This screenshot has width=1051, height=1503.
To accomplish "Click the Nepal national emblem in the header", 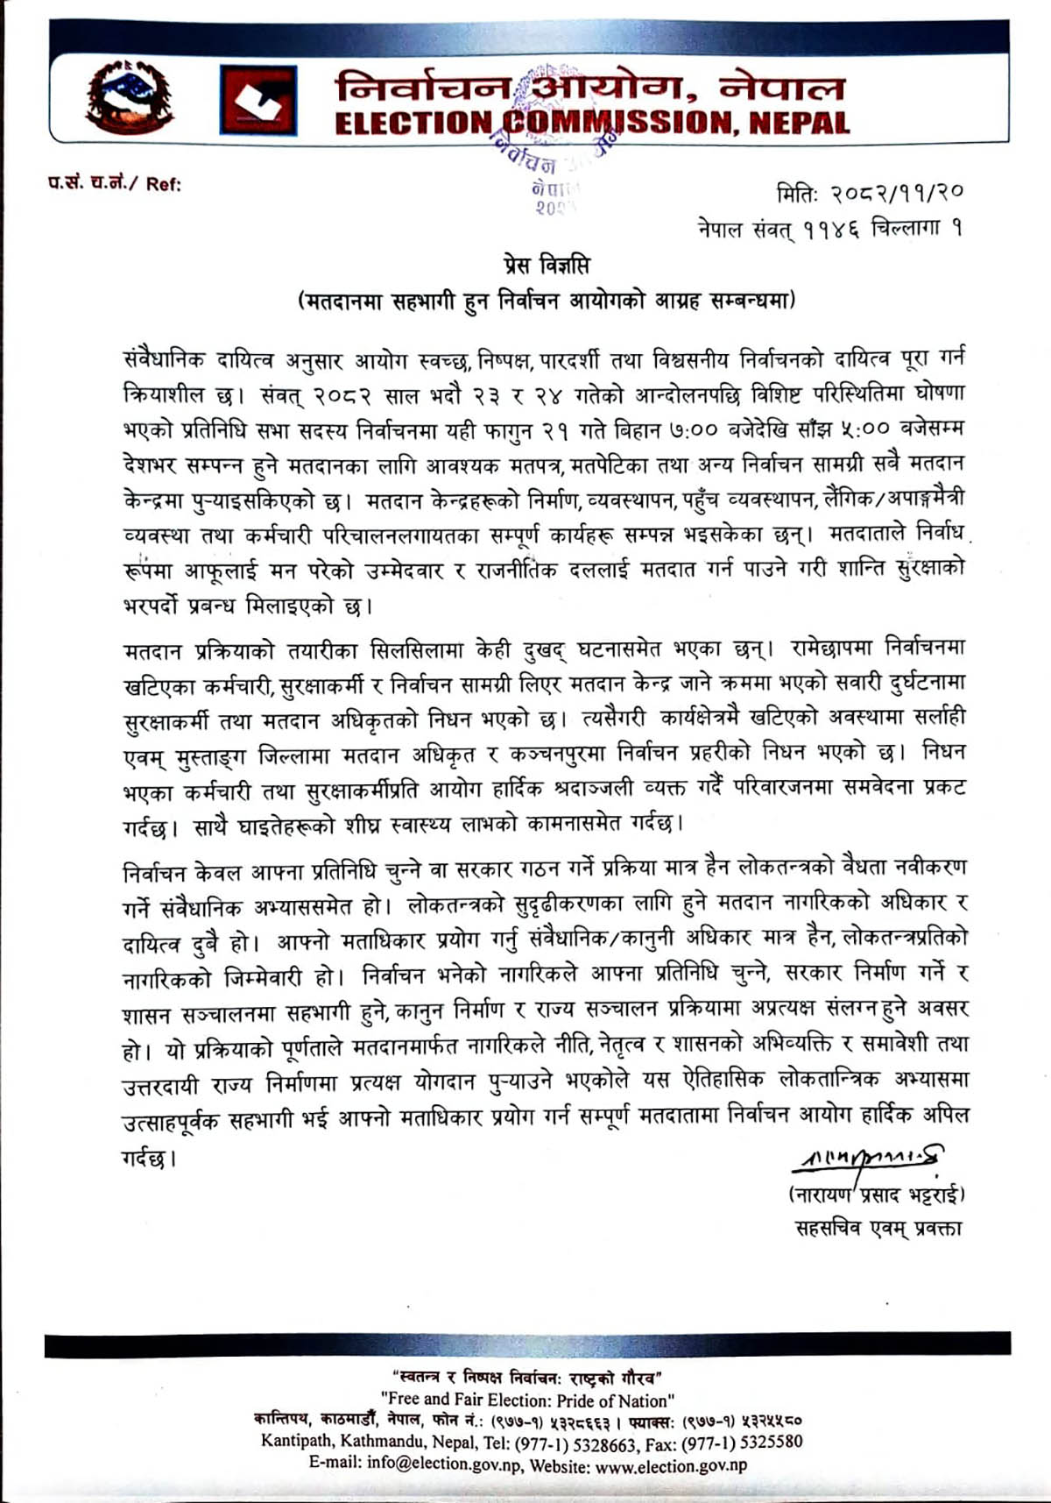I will click(x=130, y=96).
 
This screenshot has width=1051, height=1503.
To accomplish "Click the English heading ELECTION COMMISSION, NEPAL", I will click(x=592, y=123).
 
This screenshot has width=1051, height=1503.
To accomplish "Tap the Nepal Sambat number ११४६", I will click(x=822, y=230).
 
